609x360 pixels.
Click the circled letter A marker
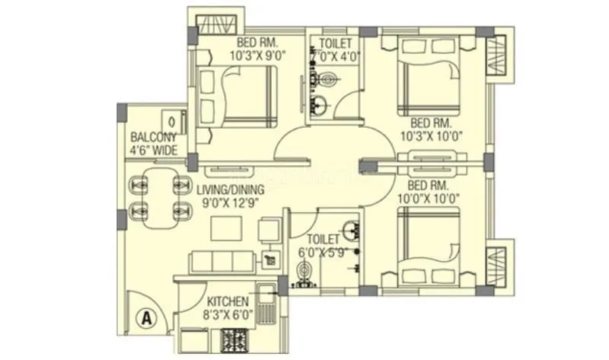tap(145, 316)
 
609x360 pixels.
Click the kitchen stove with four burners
tap(233, 340)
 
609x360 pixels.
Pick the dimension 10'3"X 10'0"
tap(432, 137)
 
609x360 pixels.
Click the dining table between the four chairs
tap(161, 196)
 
